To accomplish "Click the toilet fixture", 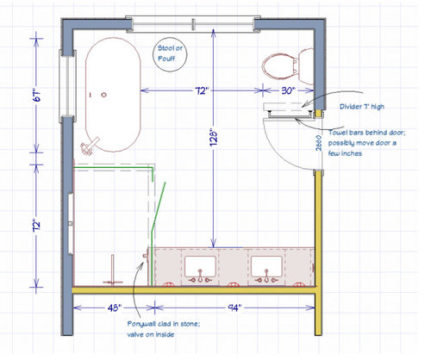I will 280,64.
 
